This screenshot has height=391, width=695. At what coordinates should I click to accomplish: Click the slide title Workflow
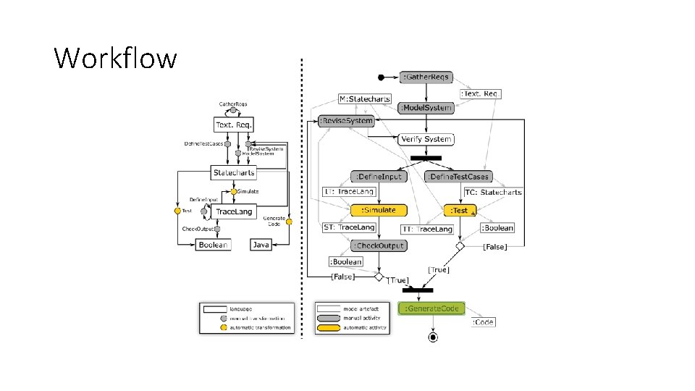[x=115, y=57]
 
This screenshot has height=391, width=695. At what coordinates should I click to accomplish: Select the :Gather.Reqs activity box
[x=426, y=77]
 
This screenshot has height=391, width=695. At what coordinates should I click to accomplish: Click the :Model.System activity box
[x=426, y=108]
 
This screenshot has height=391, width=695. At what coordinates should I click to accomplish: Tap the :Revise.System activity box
[x=347, y=121]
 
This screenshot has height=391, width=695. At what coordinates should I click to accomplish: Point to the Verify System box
[x=426, y=138]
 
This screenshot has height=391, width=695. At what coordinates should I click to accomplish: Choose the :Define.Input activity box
[x=379, y=176]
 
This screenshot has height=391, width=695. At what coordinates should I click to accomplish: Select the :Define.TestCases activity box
[x=458, y=176]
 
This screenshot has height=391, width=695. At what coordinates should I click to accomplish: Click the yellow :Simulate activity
[x=379, y=210]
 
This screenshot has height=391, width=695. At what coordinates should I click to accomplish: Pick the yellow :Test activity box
[x=460, y=210]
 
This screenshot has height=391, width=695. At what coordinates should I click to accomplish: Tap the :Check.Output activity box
[x=379, y=245]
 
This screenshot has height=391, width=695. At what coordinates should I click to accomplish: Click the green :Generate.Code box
[x=431, y=308]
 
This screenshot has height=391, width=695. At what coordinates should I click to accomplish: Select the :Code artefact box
[x=484, y=321]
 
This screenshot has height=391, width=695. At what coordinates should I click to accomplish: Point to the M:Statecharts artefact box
[x=365, y=98]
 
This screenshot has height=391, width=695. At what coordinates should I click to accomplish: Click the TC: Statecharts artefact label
[x=493, y=193]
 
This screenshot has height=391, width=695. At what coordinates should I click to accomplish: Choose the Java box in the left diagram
[x=261, y=245]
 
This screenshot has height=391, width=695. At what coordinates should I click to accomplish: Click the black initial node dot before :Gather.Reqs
[x=382, y=77]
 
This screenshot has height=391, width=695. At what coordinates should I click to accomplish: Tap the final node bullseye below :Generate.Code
[x=432, y=337]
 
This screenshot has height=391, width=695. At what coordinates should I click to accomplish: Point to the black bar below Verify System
[x=426, y=157]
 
